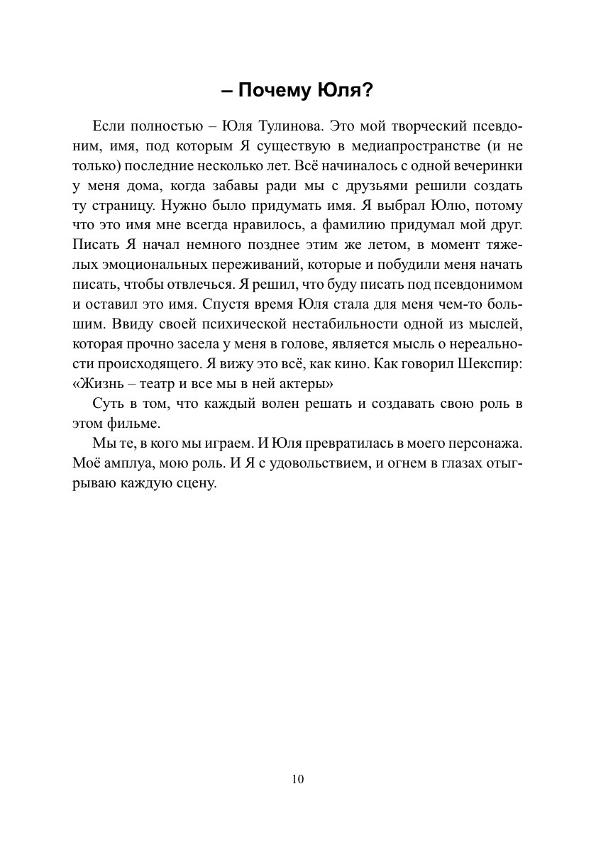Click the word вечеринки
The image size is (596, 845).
487,167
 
